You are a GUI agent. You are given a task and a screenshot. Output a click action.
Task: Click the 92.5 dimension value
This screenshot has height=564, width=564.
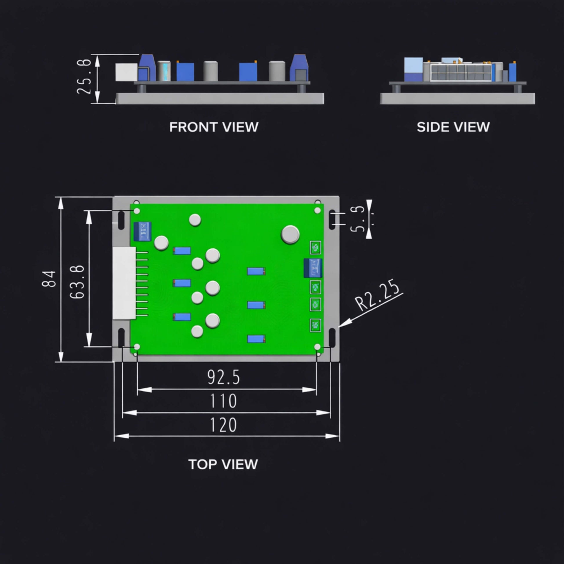pos(224,377)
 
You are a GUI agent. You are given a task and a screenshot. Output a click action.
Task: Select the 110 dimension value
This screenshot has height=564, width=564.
pos(224,401)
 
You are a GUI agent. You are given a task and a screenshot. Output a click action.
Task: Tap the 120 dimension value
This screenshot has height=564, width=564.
pos(224,425)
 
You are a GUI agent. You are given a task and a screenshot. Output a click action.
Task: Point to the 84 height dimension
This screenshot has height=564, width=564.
pos(49,279)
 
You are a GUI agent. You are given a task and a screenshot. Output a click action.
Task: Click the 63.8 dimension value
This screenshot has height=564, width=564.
pos(78,282)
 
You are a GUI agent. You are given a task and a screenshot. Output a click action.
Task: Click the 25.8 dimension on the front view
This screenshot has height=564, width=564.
pos(84,77)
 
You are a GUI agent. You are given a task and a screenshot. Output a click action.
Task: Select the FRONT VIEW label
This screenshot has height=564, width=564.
pos(214,127)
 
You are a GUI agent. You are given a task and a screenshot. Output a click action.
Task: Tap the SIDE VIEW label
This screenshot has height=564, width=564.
pos(453,127)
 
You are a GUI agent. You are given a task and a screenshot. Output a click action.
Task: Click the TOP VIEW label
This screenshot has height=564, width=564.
pos(223,464)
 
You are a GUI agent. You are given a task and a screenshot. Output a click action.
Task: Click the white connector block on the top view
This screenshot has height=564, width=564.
pos(124,283)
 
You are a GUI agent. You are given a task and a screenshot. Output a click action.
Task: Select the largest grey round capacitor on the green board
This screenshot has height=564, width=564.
pos(290,234)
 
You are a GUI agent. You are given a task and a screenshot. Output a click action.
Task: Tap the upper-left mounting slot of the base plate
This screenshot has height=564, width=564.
pos(121,220)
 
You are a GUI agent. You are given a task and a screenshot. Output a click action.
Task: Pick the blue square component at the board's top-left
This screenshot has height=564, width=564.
pos(143,232)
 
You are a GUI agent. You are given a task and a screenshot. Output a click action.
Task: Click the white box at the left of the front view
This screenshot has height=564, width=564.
pos(126,72)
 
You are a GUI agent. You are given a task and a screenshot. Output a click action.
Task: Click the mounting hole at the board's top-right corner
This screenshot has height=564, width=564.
pos(318,210)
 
